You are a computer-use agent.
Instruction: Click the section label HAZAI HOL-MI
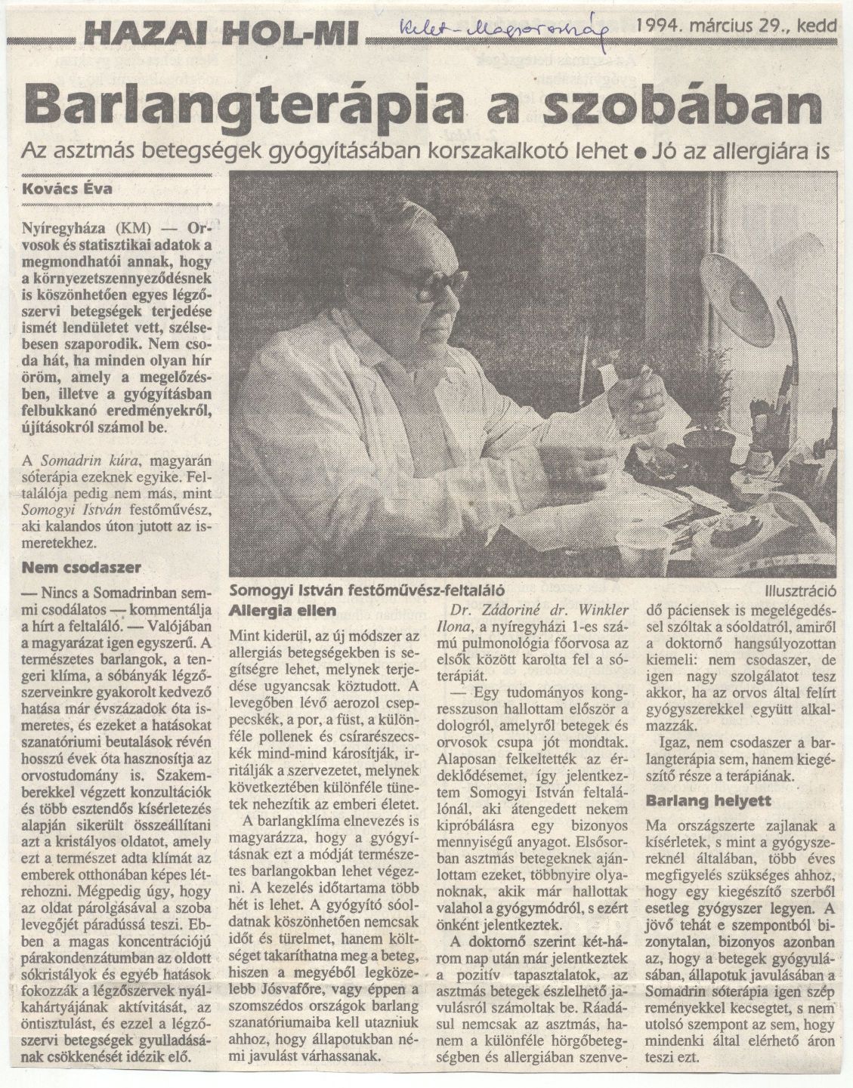[224, 32]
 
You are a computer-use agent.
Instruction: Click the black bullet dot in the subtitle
[638, 152]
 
